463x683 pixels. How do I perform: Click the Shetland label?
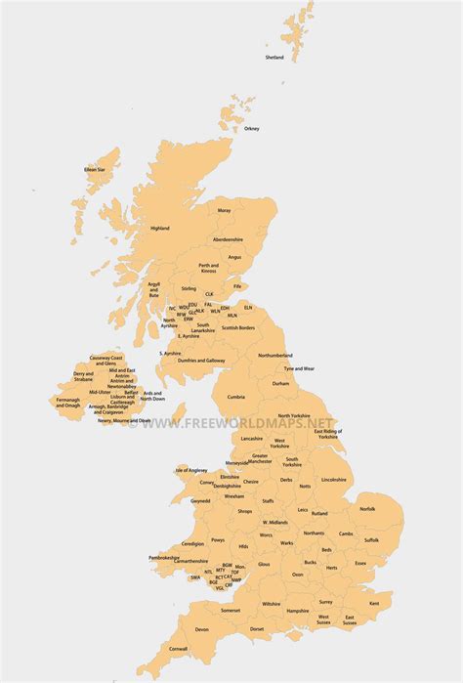274,58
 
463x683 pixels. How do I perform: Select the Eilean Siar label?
95,169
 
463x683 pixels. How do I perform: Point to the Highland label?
159,229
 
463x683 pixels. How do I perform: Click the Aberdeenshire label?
229,239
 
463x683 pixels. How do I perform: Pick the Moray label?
225,210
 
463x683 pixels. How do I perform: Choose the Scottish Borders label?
238,327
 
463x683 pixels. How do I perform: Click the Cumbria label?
236,397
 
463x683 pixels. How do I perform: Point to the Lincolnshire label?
333,480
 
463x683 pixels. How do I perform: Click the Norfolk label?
367,508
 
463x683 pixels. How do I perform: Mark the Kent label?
374,603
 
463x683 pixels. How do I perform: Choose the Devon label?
202,629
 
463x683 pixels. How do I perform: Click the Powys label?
218,539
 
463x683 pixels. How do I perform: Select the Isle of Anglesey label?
192,470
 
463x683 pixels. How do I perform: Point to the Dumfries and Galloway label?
201,361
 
